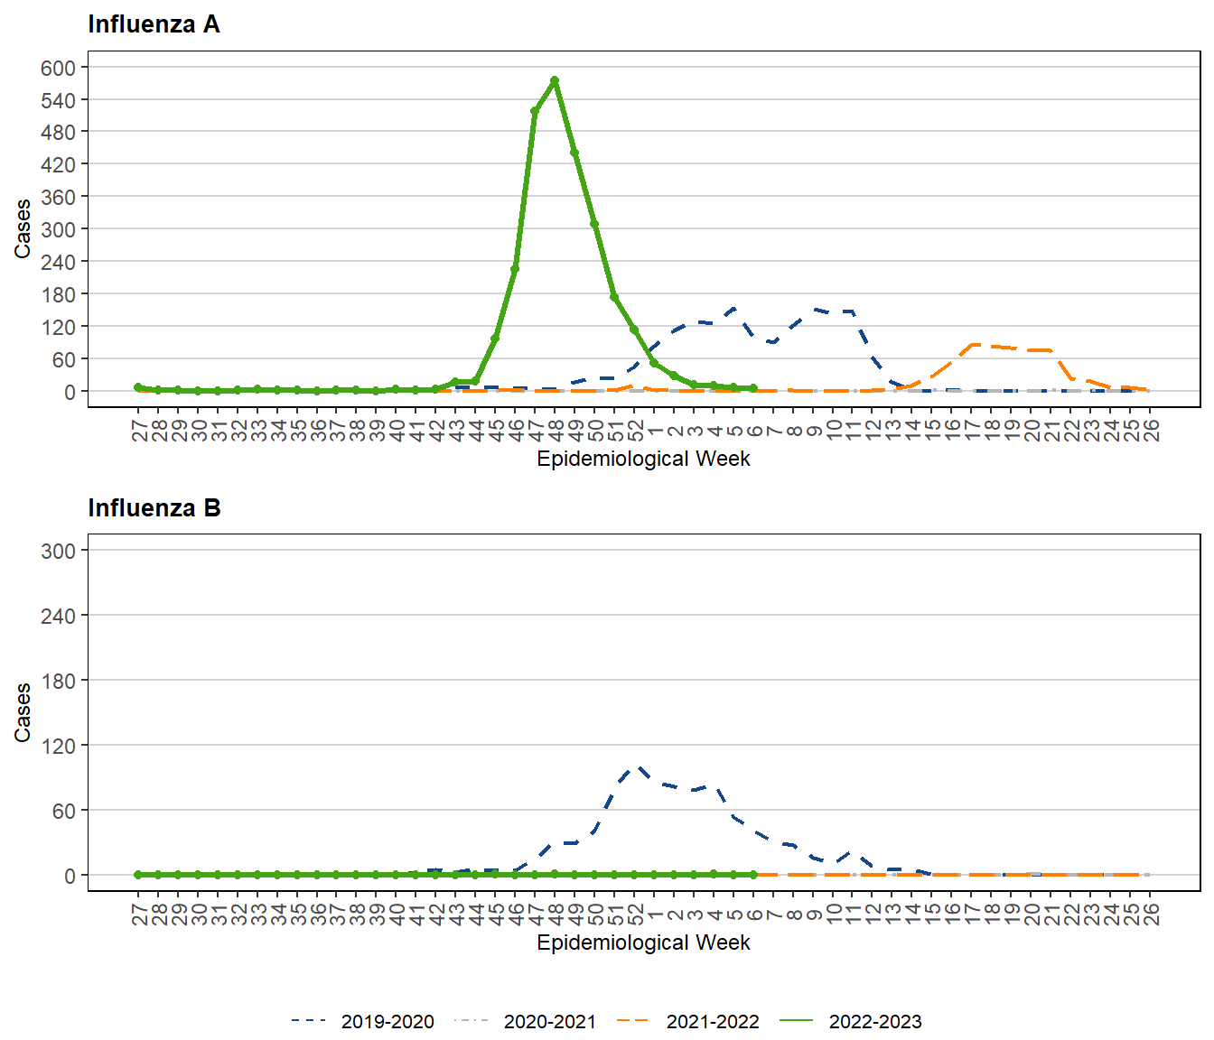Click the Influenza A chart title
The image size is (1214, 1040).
[x=154, y=24]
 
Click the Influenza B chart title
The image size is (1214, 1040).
[x=154, y=508]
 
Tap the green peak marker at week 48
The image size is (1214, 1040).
[x=555, y=80]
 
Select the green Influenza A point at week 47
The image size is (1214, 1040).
[x=535, y=111]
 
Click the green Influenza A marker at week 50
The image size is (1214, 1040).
[x=594, y=224]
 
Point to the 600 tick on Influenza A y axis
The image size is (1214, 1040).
[x=58, y=68]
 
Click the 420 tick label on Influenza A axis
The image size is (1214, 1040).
[x=58, y=164]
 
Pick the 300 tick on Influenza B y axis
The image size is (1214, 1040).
[x=58, y=551]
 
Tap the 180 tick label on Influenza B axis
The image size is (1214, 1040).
[x=58, y=681]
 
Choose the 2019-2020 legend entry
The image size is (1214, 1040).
[x=362, y=1021]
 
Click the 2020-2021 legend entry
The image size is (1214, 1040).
[x=525, y=1021]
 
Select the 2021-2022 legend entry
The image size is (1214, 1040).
[x=687, y=1021]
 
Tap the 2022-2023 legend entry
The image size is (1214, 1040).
[x=850, y=1021]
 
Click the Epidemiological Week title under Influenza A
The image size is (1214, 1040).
[x=643, y=459]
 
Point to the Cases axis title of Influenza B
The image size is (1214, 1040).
[x=23, y=712]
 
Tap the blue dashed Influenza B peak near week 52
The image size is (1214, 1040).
[x=638, y=767]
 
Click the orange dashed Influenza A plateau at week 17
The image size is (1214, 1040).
[x=972, y=345]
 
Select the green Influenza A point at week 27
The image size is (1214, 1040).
[x=138, y=387]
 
